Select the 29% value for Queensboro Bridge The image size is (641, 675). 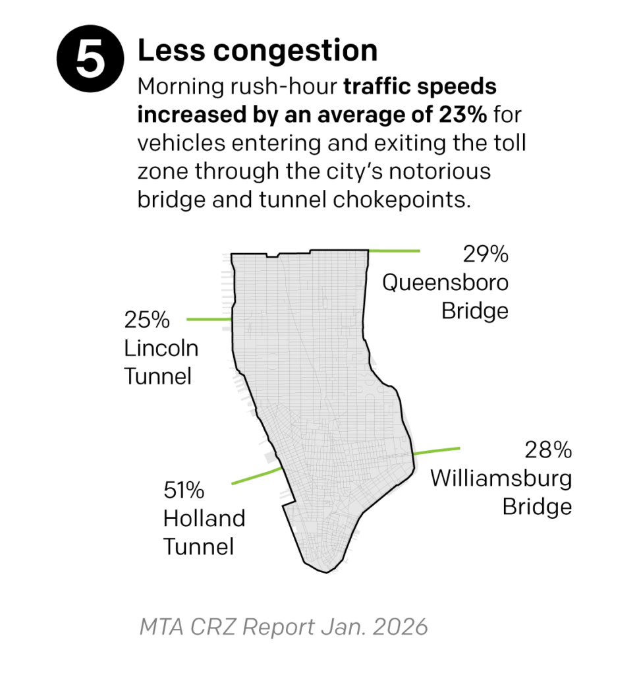pyautogui.click(x=485, y=254)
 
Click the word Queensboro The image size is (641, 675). pyautogui.click(x=445, y=282)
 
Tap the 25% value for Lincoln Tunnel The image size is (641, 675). pyautogui.click(x=147, y=321)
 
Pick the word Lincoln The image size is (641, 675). pyautogui.click(x=161, y=348)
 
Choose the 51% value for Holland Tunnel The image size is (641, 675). pyautogui.click(x=184, y=491)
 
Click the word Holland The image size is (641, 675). pyautogui.click(x=204, y=518)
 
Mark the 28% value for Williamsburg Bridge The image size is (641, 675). pyautogui.click(x=548, y=450)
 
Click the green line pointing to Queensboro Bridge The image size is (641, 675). pyautogui.click(x=394, y=251)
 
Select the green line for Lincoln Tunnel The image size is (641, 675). pyautogui.click(x=209, y=319)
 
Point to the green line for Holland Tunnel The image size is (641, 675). pyautogui.click(x=257, y=476)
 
